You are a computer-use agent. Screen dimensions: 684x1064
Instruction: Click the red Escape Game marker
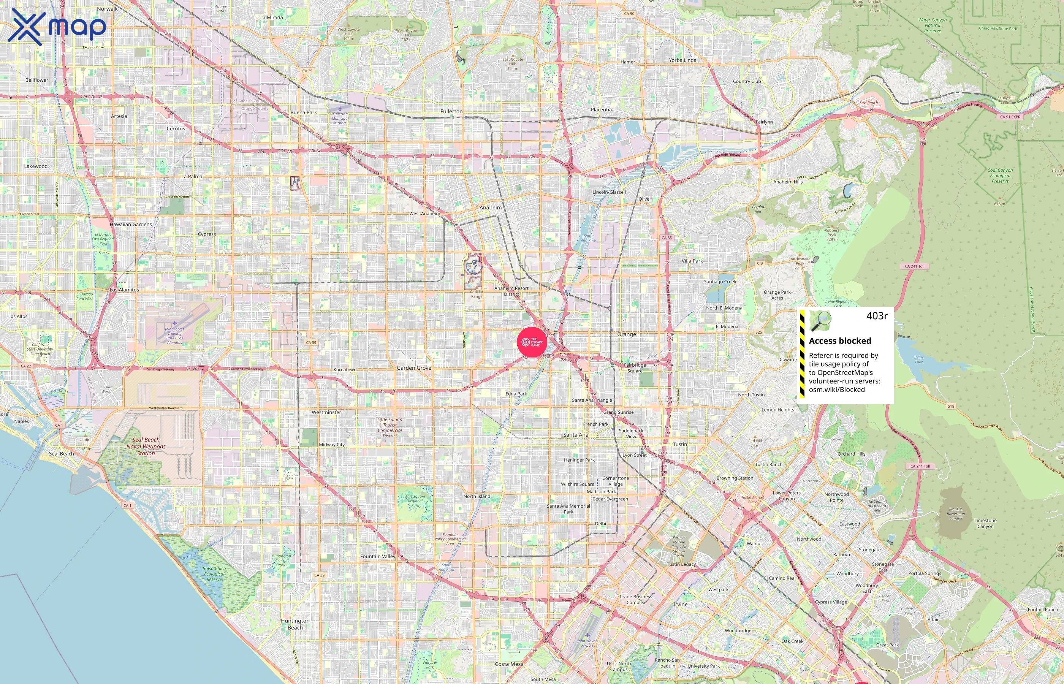(x=532, y=342)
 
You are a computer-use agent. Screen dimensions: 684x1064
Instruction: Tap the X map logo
(x=57, y=27)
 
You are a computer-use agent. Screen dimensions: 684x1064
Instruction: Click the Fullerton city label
(x=451, y=111)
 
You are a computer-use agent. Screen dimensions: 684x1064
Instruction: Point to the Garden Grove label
(x=414, y=368)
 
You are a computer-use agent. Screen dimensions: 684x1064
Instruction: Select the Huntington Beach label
(x=295, y=624)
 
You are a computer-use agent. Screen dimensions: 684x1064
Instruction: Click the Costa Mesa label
(x=509, y=664)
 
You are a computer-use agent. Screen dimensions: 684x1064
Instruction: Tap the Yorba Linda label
(x=682, y=60)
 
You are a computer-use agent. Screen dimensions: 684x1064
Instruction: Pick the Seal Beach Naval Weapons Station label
(x=146, y=446)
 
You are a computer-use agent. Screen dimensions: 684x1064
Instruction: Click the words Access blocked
(x=840, y=341)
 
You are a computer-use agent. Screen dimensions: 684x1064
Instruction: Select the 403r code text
(x=877, y=316)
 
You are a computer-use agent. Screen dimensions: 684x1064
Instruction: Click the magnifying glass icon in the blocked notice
(x=820, y=321)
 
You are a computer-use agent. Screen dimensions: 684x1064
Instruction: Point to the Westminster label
(x=326, y=412)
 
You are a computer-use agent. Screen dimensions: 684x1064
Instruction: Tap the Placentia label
(x=601, y=110)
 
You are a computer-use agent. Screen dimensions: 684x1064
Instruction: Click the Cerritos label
(x=176, y=129)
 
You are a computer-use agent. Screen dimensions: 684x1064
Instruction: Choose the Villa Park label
(x=692, y=261)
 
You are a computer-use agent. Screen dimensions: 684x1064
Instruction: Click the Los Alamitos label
(x=124, y=290)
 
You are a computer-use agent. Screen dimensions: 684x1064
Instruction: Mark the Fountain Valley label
(x=377, y=557)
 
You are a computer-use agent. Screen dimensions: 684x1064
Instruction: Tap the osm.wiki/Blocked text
(x=837, y=390)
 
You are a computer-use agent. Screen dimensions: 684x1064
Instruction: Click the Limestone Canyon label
(x=985, y=523)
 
